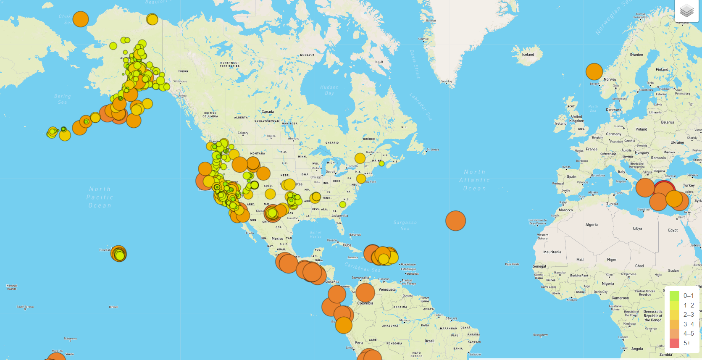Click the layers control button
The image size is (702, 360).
[686, 11]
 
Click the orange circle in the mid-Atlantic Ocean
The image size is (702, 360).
[455, 221]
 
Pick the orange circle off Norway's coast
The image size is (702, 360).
[594, 72]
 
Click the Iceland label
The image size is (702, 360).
[528, 55]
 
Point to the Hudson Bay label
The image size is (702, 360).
[329, 90]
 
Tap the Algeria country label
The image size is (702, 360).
[592, 225]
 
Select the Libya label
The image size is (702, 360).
[637, 229]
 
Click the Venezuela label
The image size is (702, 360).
[387, 289]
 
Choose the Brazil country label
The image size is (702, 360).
[429, 341]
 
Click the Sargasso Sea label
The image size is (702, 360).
[405, 226]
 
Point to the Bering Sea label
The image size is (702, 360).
[62, 99]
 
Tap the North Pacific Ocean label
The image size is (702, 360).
[100, 197]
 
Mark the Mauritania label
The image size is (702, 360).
[552, 252]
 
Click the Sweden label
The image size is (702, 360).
[636, 55]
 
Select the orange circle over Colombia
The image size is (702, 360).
[365, 292]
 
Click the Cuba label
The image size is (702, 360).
[347, 245]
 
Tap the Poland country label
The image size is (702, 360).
[641, 129]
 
